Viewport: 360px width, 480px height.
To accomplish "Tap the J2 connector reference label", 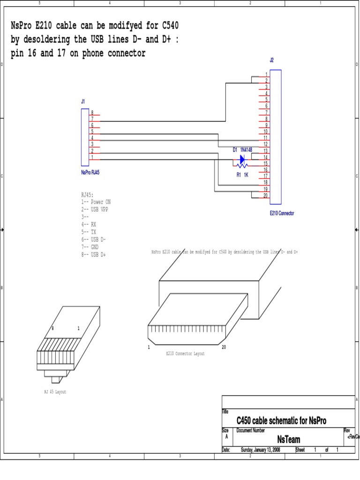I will click(272, 60).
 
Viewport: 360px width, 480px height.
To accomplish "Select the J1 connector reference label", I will click(83, 101).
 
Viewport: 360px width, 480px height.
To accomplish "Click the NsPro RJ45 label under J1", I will click(90, 172).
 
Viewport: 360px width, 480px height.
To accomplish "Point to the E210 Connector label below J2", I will click(282, 213).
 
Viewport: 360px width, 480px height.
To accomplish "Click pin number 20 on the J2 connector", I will click(265, 195).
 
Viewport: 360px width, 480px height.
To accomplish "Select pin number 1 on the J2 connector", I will click(266, 75).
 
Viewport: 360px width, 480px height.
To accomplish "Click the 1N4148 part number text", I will click(246, 150).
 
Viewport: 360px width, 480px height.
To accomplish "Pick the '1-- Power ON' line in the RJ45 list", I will click(96, 202).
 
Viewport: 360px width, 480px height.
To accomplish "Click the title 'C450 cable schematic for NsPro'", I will click(281, 421).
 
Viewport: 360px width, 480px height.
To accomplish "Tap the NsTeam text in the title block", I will click(288, 439).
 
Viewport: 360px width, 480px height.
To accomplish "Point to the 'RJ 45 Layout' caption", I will click(55, 392).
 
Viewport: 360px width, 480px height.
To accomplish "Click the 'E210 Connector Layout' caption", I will click(185, 354).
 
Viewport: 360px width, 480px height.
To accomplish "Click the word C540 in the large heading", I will click(166, 24).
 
